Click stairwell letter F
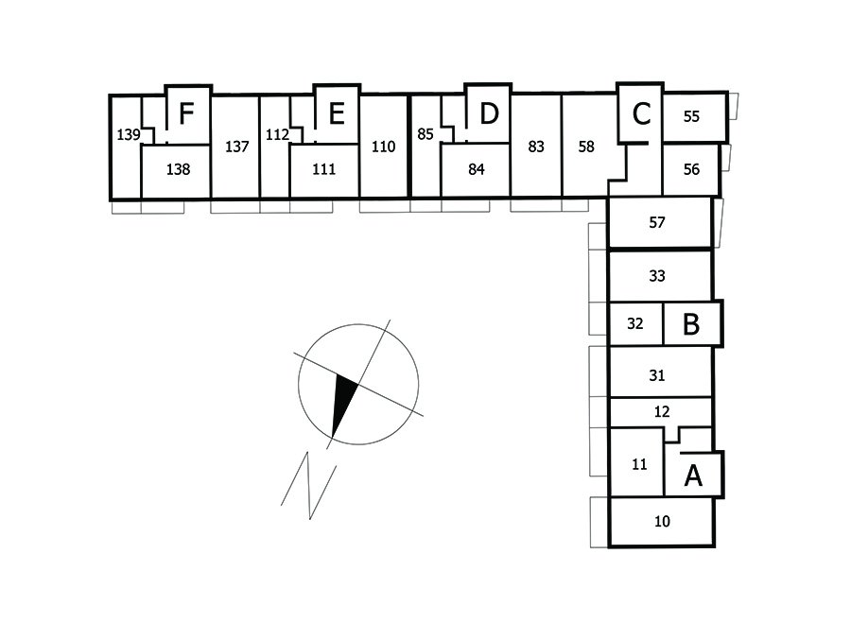pos(186,114)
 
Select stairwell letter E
pos(336,114)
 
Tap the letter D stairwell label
pos(488,114)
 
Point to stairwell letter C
pos(641,114)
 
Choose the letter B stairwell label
pos(691,324)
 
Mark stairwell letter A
pos(693,476)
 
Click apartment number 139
pos(129,135)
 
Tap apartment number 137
pos(236,147)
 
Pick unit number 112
pos(277,135)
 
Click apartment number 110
pos(383,147)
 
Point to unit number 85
pos(425,134)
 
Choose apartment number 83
pos(536,147)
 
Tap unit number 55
pos(691,116)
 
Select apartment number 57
pos(658,224)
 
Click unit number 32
pos(635,323)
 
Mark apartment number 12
pos(662,411)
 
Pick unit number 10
pos(662,521)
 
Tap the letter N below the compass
pos(310,484)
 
